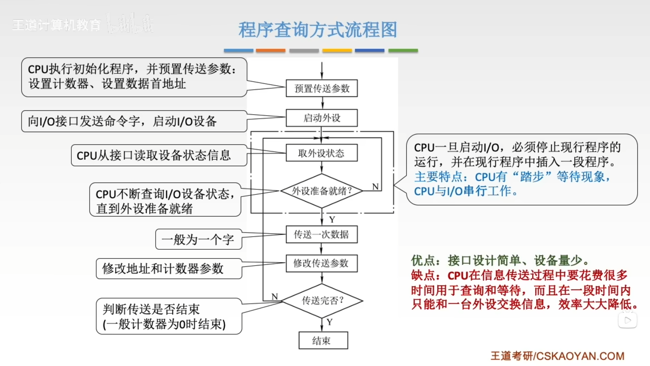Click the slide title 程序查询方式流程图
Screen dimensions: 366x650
[x=318, y=30]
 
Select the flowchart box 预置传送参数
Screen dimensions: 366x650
[x=322, y=88]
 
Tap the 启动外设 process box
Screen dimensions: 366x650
[x=322, y=118]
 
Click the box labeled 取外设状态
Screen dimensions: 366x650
[x=322, y=153]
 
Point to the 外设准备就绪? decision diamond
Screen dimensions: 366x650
[x=322, y=191]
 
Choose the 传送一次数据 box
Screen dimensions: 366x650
[x=322, y=234]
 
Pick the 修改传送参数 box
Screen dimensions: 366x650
[x=322, y=263]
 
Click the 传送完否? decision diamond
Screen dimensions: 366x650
[x=322, y=301]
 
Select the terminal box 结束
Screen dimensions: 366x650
[x=323, y=340]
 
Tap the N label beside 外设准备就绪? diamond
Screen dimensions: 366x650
[x=375, y=187]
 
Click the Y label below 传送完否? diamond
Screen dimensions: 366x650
[x=330, y=322]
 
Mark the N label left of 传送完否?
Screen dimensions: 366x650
[x=275, y=297]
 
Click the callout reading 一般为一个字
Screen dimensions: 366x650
[x=198, y=240]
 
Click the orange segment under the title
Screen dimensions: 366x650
[x=270, y=50]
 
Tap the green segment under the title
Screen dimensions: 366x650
[x=403, y=50]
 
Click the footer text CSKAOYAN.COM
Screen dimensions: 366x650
[x=580, y=356]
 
